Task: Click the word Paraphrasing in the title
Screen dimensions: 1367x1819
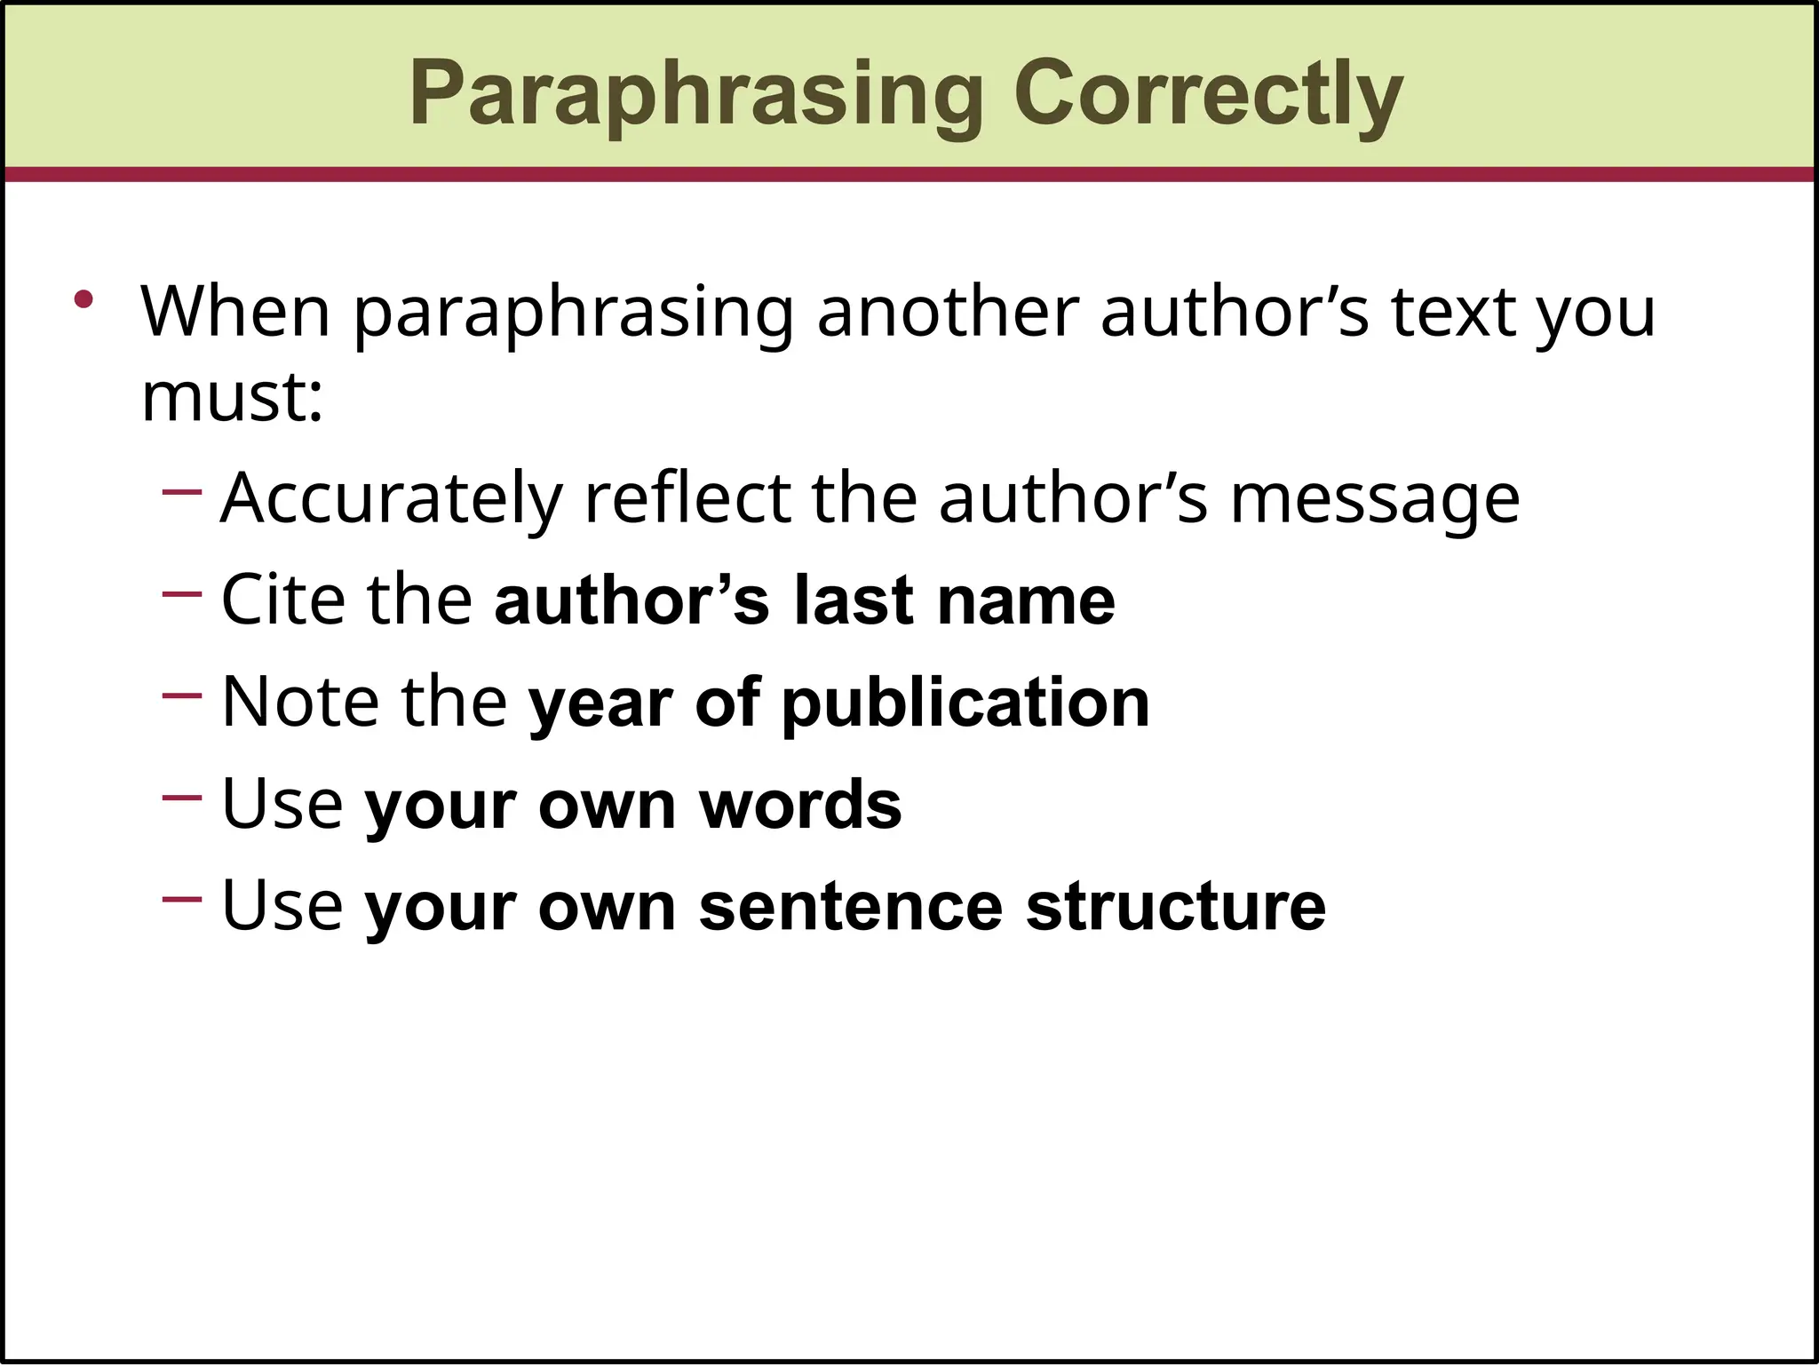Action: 696,94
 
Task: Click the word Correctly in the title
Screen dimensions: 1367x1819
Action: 1208,94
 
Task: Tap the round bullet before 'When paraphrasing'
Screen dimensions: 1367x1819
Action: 83,300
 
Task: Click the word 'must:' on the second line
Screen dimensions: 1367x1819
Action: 232,397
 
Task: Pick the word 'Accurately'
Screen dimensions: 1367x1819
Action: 392,499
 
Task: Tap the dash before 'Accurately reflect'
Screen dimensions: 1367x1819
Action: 182,491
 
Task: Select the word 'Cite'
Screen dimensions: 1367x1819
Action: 283,600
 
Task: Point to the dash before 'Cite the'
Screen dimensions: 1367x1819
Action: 182,593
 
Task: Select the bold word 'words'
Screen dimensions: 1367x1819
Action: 800,805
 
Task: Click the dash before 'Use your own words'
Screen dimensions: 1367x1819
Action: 182,797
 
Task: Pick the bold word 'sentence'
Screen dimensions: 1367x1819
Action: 851,907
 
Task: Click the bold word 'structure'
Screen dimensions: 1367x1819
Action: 1175,907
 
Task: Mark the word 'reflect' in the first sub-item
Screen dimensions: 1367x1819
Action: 687,499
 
